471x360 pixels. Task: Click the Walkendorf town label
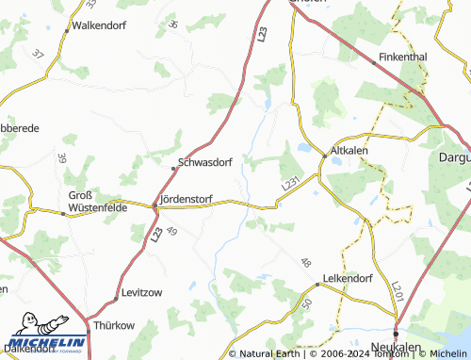pyautogui.click(x=99, y=25)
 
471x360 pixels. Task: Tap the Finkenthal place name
pyautogui.click(x=402, y=57)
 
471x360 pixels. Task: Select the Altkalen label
pyautogui.click(x=349, y=151)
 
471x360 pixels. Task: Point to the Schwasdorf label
pyautogui.click(x=205, y=162)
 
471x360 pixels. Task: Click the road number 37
pyautogui.click(x=37, y=55)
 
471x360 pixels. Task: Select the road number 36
pyautogui.click(x=171, y=24)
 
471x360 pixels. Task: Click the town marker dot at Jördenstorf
pyautogui.click(x=154, y=204)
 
